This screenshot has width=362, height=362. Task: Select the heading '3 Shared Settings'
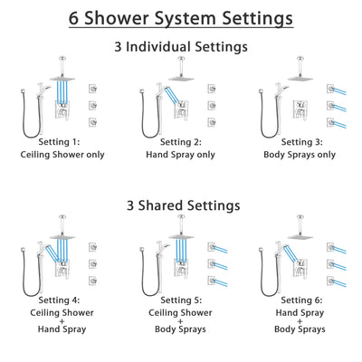(x=181, y=205)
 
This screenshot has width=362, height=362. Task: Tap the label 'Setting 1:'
(x=63, y=142)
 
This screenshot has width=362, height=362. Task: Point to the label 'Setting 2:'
(x=181, y=142)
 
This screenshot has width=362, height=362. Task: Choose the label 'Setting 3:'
(x=299, y=142)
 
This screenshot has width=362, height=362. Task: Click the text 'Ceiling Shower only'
(x=63, y=155)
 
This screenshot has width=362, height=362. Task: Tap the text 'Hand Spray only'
(x=181, y=155)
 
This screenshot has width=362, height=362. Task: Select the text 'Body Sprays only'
(x=299, y=155)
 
